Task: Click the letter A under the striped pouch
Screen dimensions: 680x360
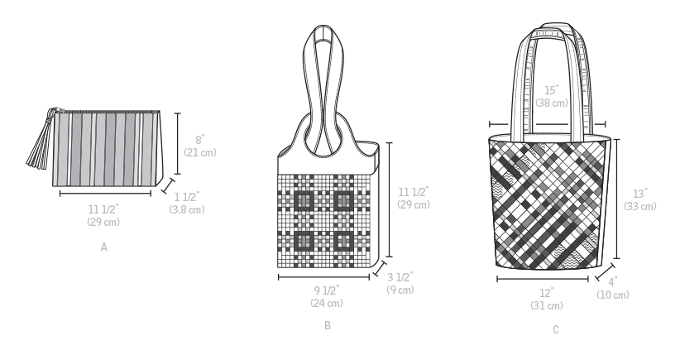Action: tap(104, 247)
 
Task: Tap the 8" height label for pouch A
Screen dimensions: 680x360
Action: tap(200, 140)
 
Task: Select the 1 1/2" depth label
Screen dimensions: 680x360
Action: tap(187, 197)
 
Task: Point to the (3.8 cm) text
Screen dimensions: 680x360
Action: tap(187, 209)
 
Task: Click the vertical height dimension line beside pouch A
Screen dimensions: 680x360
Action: tap(177, 143)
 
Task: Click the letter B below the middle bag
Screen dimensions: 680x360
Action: tap(328, 325)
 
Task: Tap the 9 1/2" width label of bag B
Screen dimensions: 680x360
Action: tap(327, 290)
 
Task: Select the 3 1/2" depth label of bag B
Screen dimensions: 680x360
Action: tap(400, 276)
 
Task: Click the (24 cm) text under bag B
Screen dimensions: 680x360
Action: tap(327, 303)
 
